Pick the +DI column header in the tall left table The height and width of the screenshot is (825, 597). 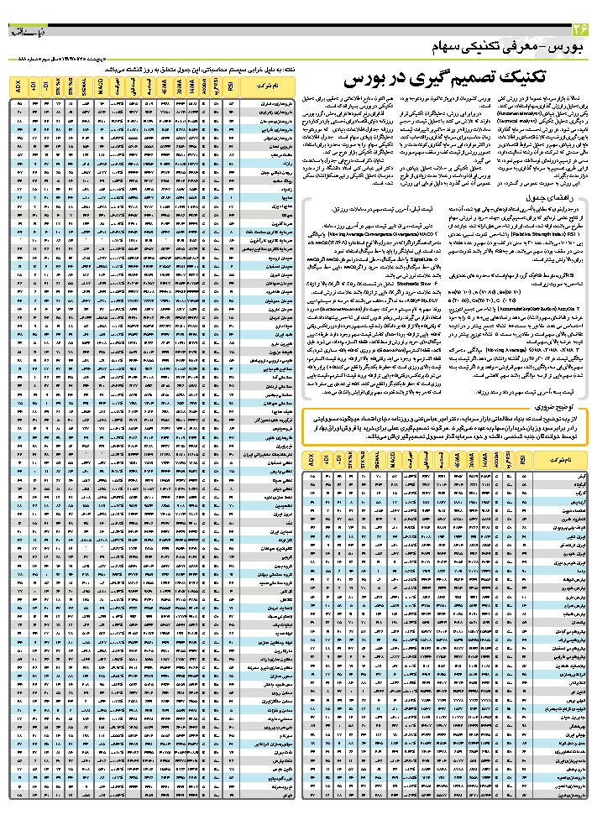tap(33, 86)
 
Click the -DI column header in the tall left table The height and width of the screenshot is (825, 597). tap(45, 86)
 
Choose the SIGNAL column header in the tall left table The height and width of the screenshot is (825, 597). tap(86, 86)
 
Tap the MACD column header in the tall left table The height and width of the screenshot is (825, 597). tap(100, 86)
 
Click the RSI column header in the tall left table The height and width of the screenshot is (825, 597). tap(230, 86)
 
